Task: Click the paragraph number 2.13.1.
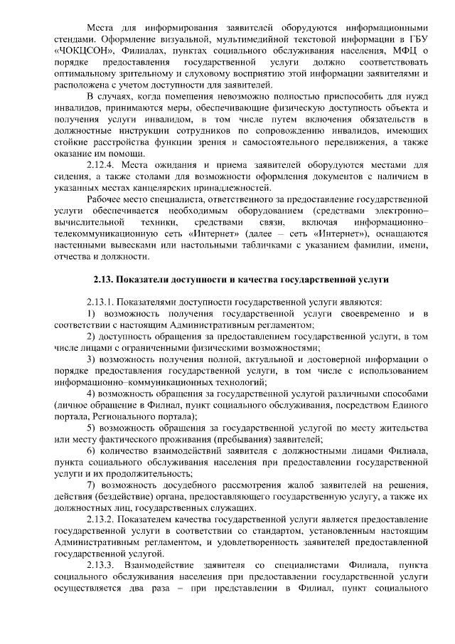click(x=101, y=302)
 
